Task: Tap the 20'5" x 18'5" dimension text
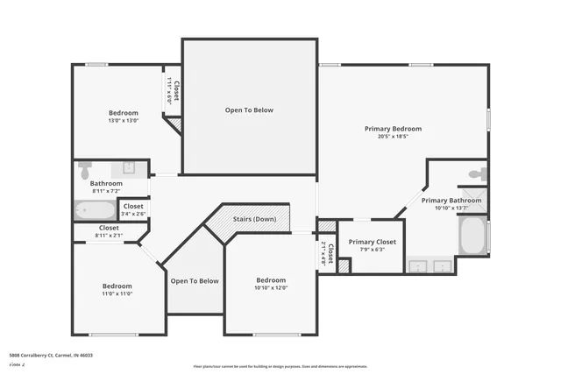(393, 137)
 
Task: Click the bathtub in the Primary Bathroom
(473, 236)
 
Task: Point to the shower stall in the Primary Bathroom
(474, 200)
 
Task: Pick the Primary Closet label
(373, 242)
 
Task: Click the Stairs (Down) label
(254, 219)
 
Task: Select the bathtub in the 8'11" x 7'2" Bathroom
(95, 210)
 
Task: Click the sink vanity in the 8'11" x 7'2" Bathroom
(130, 167)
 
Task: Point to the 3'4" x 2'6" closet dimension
(133, 214)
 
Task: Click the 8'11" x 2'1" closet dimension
(110, 235)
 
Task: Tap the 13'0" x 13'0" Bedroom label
(123, 113)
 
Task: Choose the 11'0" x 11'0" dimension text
(117, 294)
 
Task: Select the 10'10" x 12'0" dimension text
(271, 287)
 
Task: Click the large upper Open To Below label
(249, 110)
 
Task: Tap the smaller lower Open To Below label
(195, 281)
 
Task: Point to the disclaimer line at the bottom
(280, 365)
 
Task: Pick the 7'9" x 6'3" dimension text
(373, 250)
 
